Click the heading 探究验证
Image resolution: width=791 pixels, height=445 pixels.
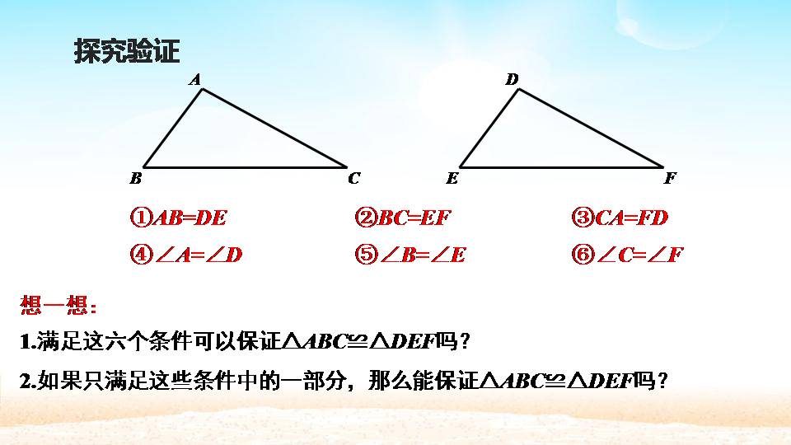(126, 52)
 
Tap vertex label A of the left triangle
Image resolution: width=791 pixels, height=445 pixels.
(195, 79)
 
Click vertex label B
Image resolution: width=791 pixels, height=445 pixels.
(136, 178)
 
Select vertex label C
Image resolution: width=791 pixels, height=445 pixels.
(353, 177)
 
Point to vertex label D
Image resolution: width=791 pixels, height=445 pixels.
(512, 79)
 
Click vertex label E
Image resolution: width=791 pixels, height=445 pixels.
(452, 178)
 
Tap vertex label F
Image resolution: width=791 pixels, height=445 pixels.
(670, 178)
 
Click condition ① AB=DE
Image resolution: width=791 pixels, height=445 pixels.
(178, 218)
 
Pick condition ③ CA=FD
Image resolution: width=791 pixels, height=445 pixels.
(620, 218)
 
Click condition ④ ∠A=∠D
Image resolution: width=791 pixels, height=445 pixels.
(186, 255)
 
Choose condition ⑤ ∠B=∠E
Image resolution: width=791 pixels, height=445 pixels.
(410, 255)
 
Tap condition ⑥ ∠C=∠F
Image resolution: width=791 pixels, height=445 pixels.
(627, 255)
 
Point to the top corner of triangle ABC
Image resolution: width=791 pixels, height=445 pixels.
(202, 89)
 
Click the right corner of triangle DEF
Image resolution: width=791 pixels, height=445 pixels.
(662, 166)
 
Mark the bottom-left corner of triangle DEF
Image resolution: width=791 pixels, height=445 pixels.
(460, 166)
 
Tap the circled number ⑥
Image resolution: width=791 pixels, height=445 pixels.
(581, 255)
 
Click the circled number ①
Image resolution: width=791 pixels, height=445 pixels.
(140, 218)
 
